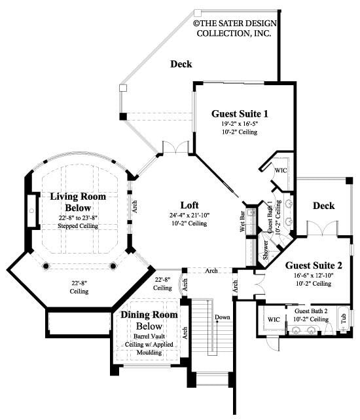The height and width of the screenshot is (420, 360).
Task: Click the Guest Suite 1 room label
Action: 240,113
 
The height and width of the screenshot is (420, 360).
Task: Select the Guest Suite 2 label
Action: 314,265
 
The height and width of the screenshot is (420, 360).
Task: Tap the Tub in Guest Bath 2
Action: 344,319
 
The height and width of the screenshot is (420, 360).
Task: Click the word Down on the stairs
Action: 223,318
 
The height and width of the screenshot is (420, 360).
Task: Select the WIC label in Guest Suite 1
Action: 280,170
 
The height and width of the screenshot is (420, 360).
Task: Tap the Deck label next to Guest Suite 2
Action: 323,206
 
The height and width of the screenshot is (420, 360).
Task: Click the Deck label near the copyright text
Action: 181,64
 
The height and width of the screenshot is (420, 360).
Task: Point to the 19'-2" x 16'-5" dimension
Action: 239,123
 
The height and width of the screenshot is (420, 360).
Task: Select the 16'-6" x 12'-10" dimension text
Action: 314,275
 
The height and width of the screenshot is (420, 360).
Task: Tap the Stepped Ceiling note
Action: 78,225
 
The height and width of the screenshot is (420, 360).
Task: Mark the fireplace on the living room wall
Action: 31,211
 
